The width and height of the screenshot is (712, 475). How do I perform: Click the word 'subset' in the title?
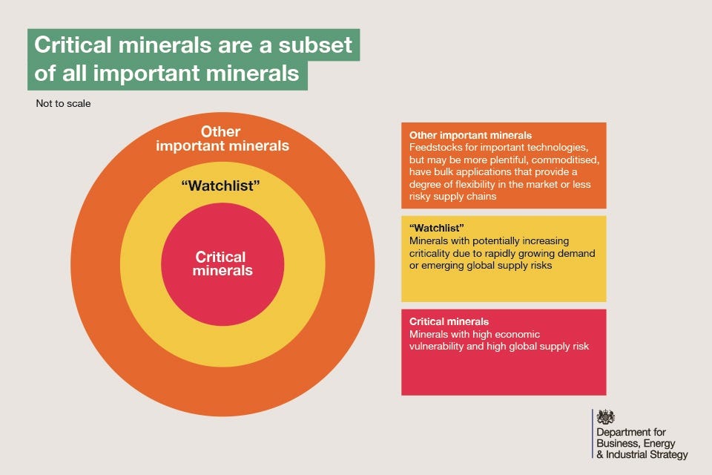click(x=315, y=45)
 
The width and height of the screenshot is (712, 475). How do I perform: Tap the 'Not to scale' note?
click(x=63, y=104)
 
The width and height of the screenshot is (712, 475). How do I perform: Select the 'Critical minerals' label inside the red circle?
click(x=222, y=263)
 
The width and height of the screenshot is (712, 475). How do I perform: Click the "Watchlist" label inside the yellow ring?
click(x=221, y=186)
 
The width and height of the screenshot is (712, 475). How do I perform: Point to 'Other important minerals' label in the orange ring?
click(x=222, y=139)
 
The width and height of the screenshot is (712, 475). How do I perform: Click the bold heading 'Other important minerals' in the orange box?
click(x=470, y=135)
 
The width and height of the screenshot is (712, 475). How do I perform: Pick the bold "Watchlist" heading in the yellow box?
click(x=436, y=228)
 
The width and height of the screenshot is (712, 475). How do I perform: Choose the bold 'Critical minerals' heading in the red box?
click(x=449, y=321)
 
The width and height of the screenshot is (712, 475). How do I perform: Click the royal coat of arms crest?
click(x=606, y=417)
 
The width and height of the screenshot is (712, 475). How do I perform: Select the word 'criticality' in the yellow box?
click(x=429, y=253)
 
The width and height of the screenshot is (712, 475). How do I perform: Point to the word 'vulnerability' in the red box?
click(x=436, y=347)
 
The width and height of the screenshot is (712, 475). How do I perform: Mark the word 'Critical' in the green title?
click(x=73, y=45)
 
